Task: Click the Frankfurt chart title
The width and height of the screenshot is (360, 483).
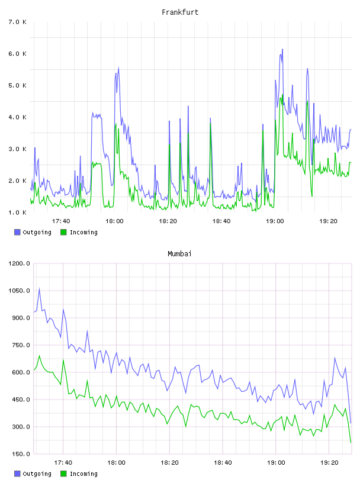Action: coord(180,12)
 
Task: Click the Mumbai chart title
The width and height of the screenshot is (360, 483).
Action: coord(179,254)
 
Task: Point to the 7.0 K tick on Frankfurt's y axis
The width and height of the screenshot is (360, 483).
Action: coord(17,22)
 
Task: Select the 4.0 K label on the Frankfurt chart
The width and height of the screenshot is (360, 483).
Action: coord(17,117)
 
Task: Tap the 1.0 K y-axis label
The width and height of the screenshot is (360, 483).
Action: coord(17,212)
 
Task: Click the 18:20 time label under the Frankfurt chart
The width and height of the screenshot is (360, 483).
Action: coord(168,221)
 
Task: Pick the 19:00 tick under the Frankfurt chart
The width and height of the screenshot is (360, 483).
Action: coord(275,221)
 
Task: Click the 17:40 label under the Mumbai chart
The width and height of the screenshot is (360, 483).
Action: coord(63,462)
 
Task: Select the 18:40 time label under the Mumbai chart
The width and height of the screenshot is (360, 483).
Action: coord(223,462)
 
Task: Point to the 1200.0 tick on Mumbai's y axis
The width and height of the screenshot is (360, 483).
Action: coord(19,263)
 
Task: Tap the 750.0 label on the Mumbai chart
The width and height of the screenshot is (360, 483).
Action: coord(19,345)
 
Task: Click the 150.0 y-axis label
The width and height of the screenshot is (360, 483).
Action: coord(19,454)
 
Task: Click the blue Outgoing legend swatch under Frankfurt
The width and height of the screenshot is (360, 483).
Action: coord(17,232)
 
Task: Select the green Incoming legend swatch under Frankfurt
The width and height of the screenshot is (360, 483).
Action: coord(63,232)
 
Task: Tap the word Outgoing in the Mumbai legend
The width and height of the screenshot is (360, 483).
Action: coord(37,474)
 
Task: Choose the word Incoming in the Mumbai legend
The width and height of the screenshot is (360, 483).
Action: coord(83,474)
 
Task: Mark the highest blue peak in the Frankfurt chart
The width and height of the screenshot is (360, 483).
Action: coord(282,49)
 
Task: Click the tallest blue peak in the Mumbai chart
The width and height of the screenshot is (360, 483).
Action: coord(39,289)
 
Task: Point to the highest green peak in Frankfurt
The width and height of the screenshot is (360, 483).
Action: coord(282,95)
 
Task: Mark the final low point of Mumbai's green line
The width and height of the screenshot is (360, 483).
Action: coord(351,442)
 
